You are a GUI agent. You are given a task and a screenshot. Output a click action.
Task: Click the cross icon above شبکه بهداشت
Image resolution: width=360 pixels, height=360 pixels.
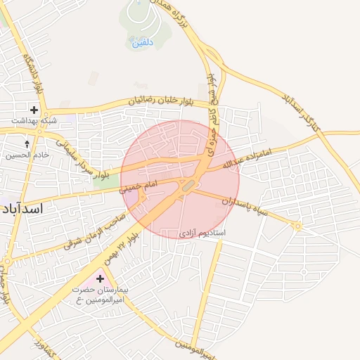coord(34,110)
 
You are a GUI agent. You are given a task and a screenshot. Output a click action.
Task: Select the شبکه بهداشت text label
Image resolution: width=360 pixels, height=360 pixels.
coord(34,121)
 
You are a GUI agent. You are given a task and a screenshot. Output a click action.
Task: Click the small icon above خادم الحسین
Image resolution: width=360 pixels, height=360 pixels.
coord(27,143)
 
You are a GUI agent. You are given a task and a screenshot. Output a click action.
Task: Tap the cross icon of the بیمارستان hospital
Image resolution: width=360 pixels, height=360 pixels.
coord(100,279)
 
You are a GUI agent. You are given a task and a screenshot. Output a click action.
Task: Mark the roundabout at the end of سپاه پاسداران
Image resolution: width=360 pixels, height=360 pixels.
coord(298,226)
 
